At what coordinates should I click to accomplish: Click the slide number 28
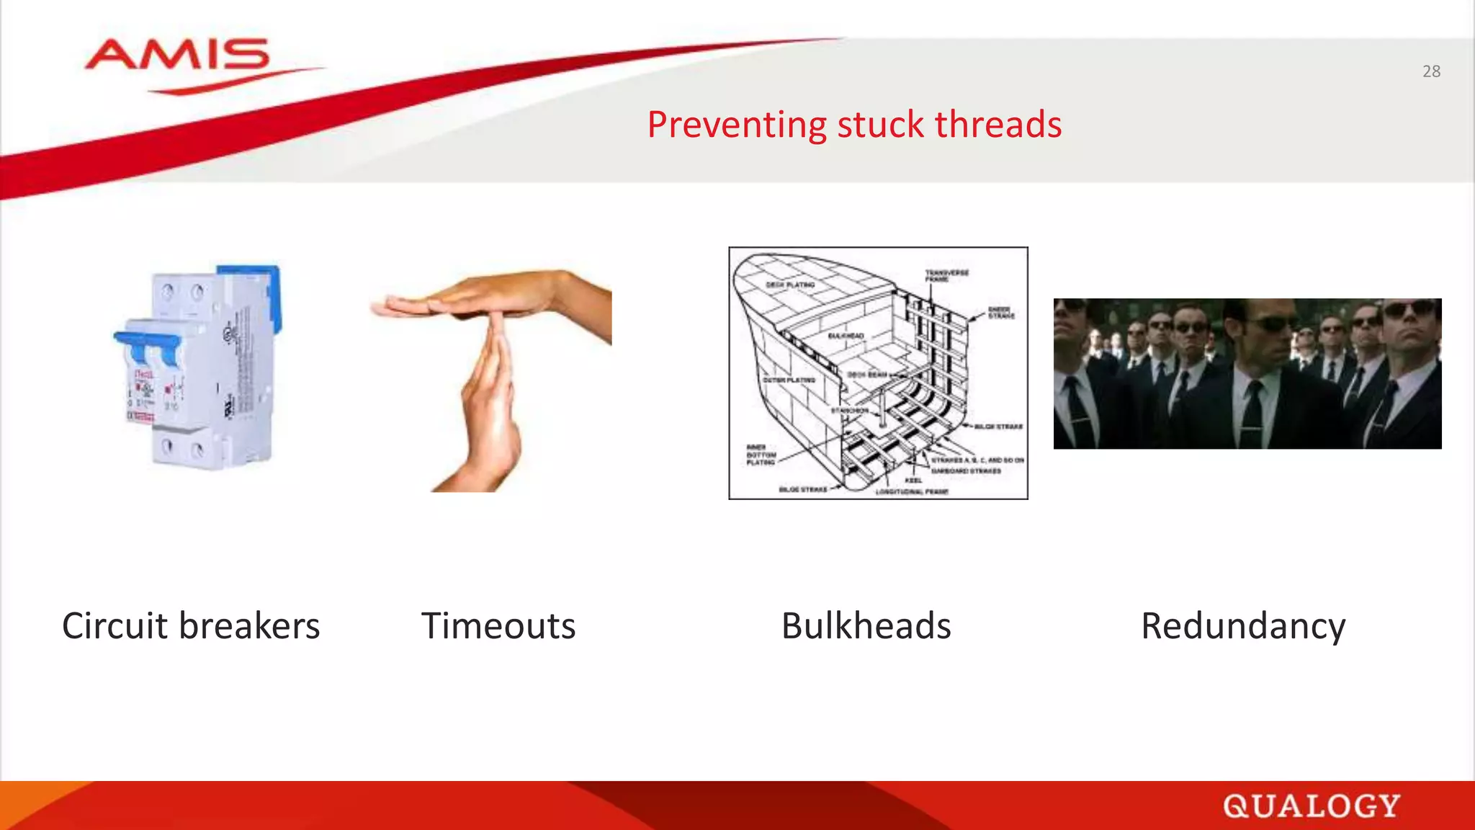pos(1431,71)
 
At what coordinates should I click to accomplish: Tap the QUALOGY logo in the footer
pos(1311,806)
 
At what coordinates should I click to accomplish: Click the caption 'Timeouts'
pos(498,625)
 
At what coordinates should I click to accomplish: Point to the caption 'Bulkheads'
pos(866,625)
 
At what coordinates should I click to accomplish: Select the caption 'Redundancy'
pos(1243,625)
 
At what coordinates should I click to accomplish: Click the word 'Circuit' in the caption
pos(115,625)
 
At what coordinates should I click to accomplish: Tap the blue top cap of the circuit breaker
pos(248,277)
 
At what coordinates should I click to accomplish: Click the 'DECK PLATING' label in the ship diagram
pos(789,285)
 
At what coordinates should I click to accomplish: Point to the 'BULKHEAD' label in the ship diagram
pos(846,336)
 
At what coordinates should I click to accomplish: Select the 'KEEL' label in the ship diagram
pos(913,480)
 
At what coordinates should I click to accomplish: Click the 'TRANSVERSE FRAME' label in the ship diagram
pos(946,275)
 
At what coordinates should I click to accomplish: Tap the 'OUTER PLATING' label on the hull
pos(789,380)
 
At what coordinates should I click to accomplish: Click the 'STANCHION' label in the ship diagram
pos(849,411)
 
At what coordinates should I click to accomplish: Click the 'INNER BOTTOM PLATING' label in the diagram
pos(761,455)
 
